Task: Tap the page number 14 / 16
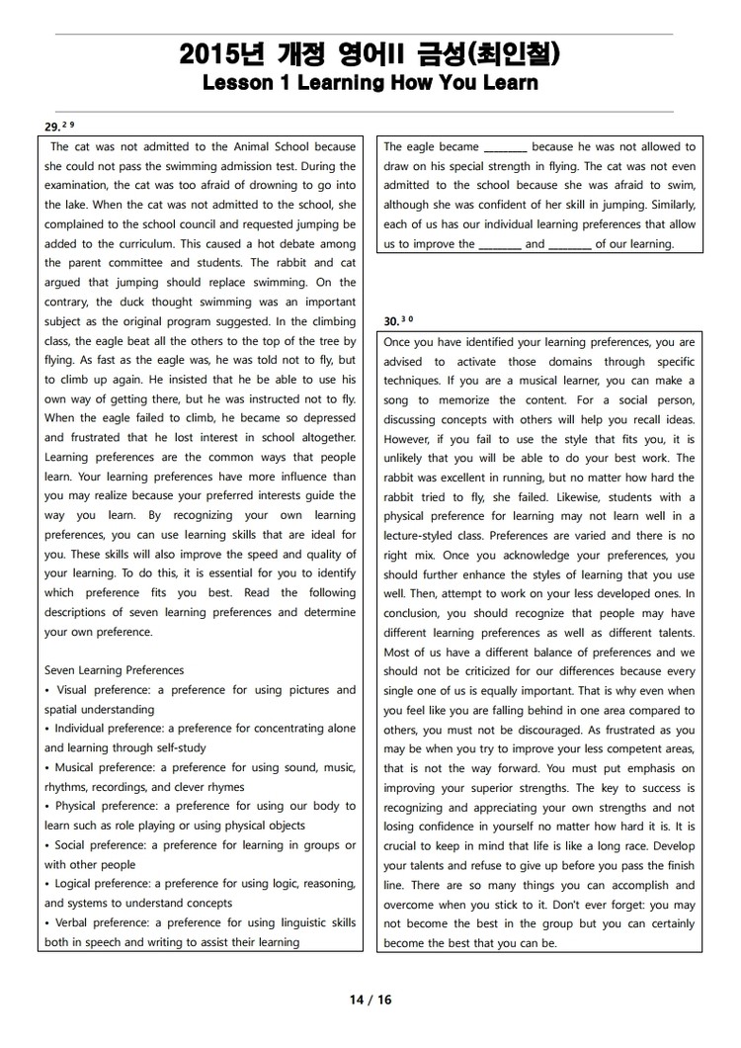(370, 1000)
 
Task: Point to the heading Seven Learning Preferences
(114, 670)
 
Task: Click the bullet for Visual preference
(47, 690)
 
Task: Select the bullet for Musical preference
(47, 767)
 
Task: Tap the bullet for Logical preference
(47, 884)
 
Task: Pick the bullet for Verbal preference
(47, 922)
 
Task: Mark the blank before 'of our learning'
(569, 244)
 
